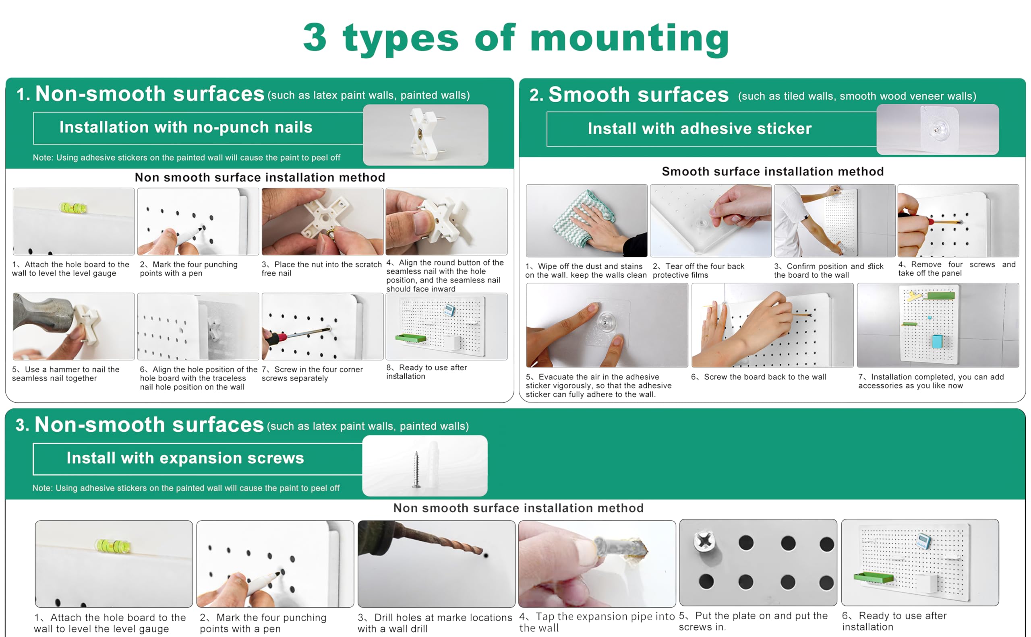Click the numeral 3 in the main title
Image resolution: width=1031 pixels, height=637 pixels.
[315, 37]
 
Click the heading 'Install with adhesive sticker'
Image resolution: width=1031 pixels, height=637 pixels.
[700, 128]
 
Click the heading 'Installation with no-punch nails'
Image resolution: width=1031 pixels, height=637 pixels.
[186, 127]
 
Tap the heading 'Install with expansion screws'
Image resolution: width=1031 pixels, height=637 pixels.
[185, 458]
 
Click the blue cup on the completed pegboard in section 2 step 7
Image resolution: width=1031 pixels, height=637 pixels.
[937, 341]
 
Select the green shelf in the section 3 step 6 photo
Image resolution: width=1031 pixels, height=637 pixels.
[872, 577]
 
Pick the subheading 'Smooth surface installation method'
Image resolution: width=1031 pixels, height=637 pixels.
[772, 171]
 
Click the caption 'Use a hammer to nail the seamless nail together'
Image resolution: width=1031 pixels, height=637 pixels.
[66, 374]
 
